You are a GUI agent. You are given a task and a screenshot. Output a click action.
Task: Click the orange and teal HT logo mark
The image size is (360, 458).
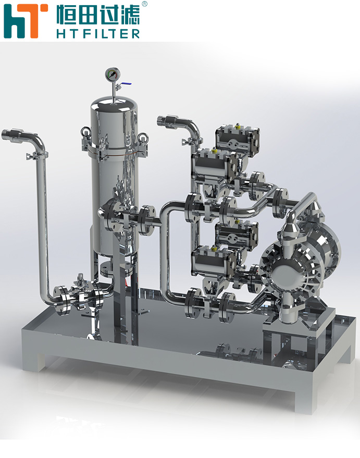[26, 21]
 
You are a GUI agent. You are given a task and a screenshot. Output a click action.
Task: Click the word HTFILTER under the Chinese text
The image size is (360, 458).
[98, 34]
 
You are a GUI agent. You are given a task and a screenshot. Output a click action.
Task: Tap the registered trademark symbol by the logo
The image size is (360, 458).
[144, 4]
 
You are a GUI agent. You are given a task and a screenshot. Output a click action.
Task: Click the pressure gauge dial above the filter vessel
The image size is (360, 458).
[113, 74]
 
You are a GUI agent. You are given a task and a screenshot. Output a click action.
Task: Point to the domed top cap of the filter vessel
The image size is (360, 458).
[114, 106]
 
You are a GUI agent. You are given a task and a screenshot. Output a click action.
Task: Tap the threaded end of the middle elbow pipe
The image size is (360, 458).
[164, 120]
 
